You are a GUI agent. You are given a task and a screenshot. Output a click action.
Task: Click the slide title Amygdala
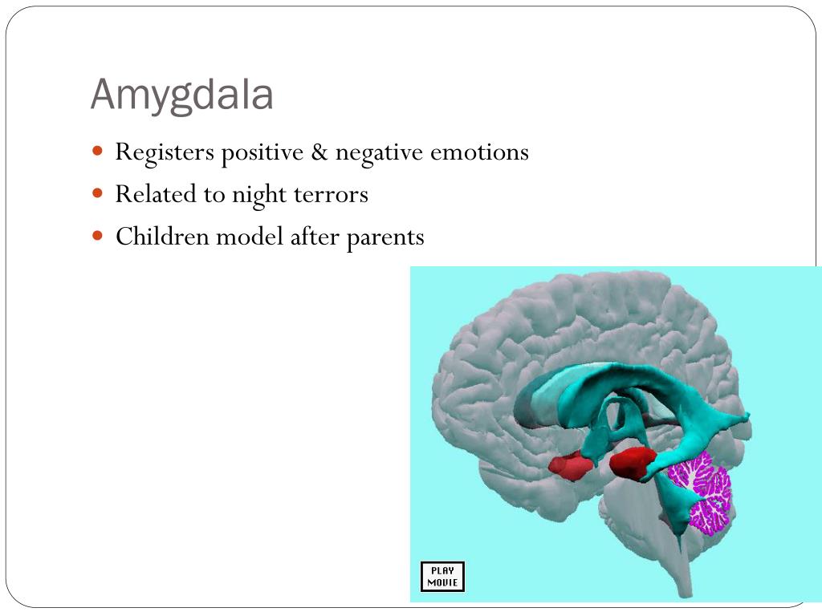pos(182,95)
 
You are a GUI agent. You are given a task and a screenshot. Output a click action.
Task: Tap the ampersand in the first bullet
pos(320,152)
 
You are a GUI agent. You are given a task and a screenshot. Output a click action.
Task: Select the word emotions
pos(479,152)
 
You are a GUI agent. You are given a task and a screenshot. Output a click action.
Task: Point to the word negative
pos(377,153)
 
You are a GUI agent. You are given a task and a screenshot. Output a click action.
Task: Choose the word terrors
pos(331,195)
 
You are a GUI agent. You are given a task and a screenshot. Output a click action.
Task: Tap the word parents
pos(385,238)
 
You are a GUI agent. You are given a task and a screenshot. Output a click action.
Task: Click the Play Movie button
pos(442,577)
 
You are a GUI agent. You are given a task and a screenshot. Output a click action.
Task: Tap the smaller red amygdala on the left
pos(571,465)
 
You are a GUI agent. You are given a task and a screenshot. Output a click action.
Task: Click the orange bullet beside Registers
pos(98,151)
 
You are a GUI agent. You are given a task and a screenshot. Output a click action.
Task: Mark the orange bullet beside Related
pos(98,193)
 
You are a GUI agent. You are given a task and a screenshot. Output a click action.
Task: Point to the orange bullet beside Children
pos(98,236)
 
